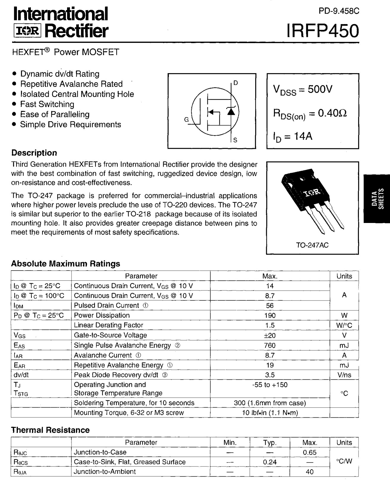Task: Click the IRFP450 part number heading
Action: pyautogui.click(x=323, y=31)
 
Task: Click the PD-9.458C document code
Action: pyautogui.click(x=339, y=11)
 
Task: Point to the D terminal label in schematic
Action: pyautogui.click(x=236, y=83)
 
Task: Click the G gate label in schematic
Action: pyautogui.click(x=186, y=120)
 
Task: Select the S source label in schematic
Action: pyautogui.click(x=235, y=140)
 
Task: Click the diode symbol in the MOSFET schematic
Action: pyautogui.click(x=231, y=111)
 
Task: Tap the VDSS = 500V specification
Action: pyautogui.click(x=302, y=89)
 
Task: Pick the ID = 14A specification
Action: pyautogui.click(x=293, y=136)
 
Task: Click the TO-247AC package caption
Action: pyautogui.click(x=312, y=245)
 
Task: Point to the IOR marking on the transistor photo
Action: pyautogui.click(x=311, y=193)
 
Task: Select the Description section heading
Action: pyautogui.click(x=34, y=153)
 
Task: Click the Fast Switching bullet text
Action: pyautogui.click(x=47, y=104)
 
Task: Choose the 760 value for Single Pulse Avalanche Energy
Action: pyautogui.click(x=269, y=345)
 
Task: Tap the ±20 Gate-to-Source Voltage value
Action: pyautogui.click(x=269, y=335)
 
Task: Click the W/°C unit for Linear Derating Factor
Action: pyautogui.click(x=344, y=325)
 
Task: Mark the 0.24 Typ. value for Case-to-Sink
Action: pyautogui.click(x=269, y=462)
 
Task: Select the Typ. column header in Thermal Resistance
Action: pyautogui.click(x=269, y=442)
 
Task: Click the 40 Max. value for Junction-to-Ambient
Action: pyautogui.click(x=310, y=472)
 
